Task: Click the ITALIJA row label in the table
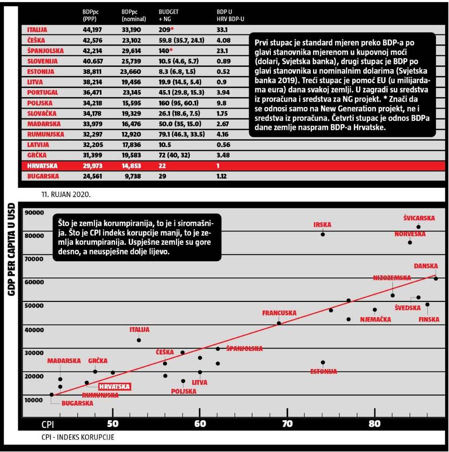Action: pyautogui.click(x=37, y=30)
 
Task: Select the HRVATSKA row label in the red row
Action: pyautogui.click(x=43, y=166)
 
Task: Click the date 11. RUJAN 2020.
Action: pyautogui.click(x=67, y=193)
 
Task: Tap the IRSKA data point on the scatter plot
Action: pyautogui.click(x=323, y=234)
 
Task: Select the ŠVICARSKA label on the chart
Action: pyautogui.click(x=419, y=218)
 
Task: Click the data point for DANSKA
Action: pyautogui.click(x=436, y=278)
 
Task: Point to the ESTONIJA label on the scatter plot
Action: pyautogui.click(x=323, y=372)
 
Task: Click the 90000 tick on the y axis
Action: pyautogui.click(x=35, y=213)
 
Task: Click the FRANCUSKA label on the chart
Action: pyautogui.click(x=279, y=313)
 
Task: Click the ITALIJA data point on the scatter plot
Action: pyautogui.click(x=139, y=340)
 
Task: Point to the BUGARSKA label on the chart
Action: pyautogui.click(x=77, y=404)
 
